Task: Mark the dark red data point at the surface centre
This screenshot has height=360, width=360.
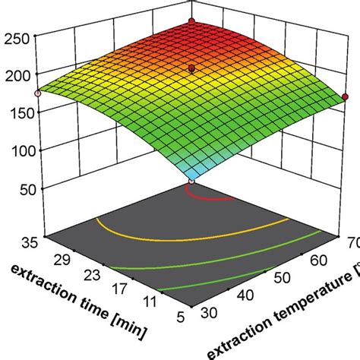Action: coord(192,68)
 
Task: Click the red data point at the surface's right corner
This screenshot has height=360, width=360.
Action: coord(345,96)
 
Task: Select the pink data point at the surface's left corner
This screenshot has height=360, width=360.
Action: coord(36,93)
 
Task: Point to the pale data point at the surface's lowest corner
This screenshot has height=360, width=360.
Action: coord(192,182)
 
